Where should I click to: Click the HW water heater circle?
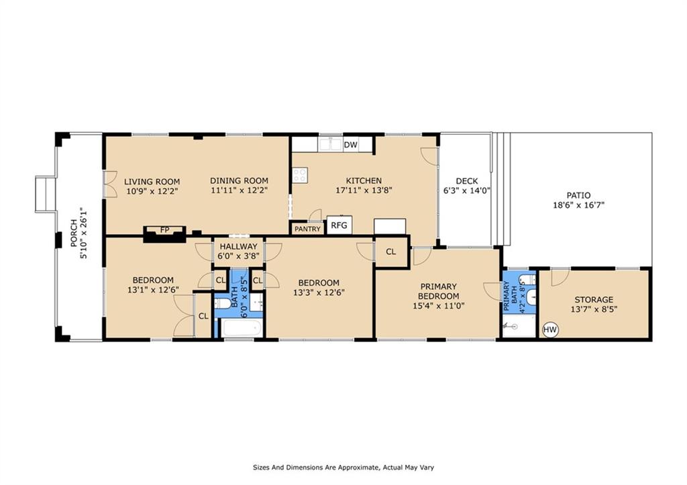(x=550, y=329)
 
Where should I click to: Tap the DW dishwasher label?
(x=350, y=145)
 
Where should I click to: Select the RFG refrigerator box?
(x=339, y=225)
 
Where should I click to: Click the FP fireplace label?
(x=165, y=230)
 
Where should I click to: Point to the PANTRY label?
(x=307, y=229)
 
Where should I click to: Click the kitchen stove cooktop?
(x=300, y=175)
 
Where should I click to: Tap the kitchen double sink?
(x=330, y=144)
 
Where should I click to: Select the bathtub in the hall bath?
(x=242, y=328)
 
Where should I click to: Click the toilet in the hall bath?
(x=222, y=304)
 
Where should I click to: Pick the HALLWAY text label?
(x=238, y=247)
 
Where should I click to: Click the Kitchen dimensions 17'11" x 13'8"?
(x=364, y=190)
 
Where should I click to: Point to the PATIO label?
(x=578, y=195)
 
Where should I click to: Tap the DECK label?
(x=467, y=181)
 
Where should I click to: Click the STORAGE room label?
(x=594, y=300)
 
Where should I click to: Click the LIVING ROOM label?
(x=152, y=181)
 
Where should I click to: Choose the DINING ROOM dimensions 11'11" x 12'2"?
(x=239, y=190)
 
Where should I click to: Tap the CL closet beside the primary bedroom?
(x=391, y=252)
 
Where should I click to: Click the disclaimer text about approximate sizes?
(x=343, y=468)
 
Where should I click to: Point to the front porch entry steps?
(x=45, y=195)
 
